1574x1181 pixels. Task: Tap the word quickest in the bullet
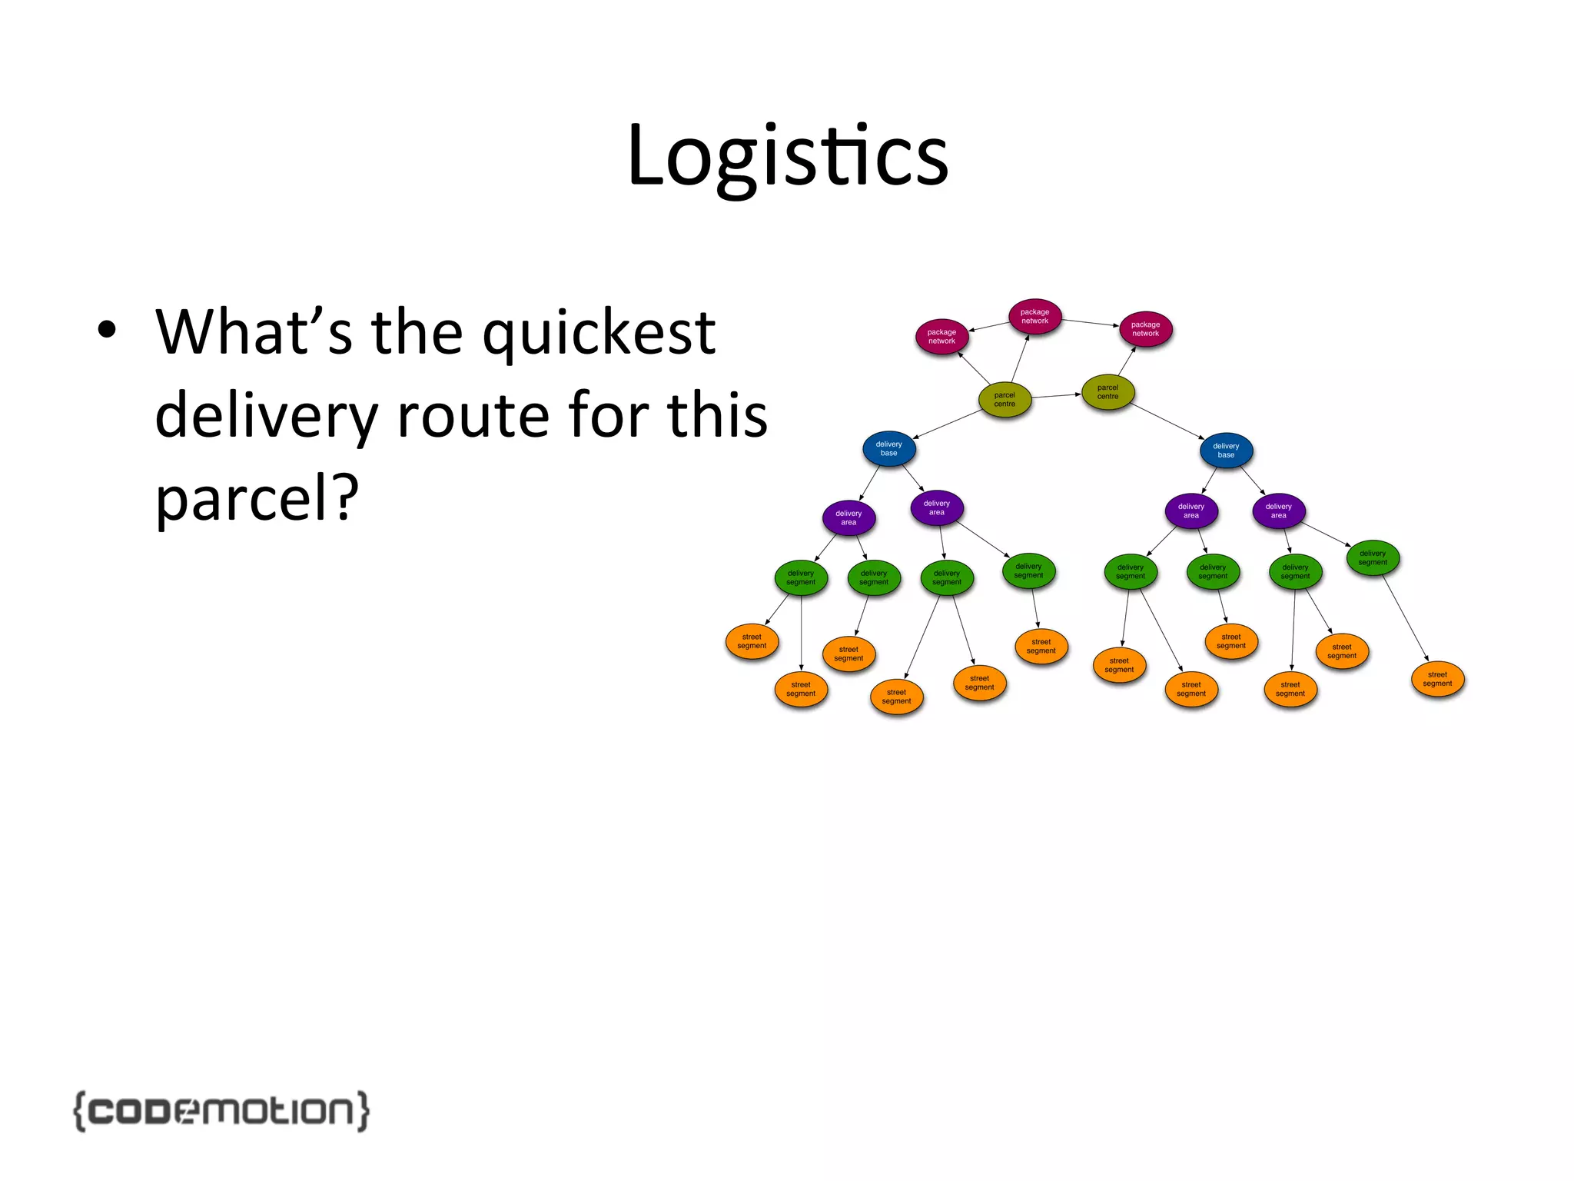pyautogui.click(x=599, y=333)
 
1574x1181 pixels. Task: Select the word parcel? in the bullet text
pyautogui.click(x=257, y=498)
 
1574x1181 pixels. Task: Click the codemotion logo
pyautogui.click(x=221, y=1110)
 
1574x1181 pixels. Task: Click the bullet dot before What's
pyautogui.click(x=107, y=330)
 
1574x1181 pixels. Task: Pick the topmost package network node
pyautogui.click(x=1034, y=317)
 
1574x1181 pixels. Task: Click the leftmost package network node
pyautogui.click(x=941, y=337)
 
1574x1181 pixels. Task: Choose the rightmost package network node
pyautogui.click(x=1145, y=329)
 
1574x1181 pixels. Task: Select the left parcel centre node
pyautogui.click(x=1005, y=400)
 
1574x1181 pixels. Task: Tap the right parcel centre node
pyautogui.click(x=1107, y=392)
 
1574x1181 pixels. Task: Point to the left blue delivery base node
pyautogui.click(x=888, y=449)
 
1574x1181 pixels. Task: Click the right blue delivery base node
pyautogui.click(x=1226, y=451)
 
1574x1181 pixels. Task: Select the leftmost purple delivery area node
pyautogui.click(x=848, y=518)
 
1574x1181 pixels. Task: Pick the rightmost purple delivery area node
pyautogui.click(x=1278, y=511)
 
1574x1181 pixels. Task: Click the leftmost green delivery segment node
pyautogui.click(x=801, y=578)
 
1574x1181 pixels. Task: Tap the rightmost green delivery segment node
pyautogui.click(x=1373, y=558)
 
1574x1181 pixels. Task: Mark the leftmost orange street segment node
pyautogui.click(x=752, y=641)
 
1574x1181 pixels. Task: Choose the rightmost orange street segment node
pyautogui.click(x=1437, y=679)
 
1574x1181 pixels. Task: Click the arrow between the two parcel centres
pyautogui.click(x=1056, y=396)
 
